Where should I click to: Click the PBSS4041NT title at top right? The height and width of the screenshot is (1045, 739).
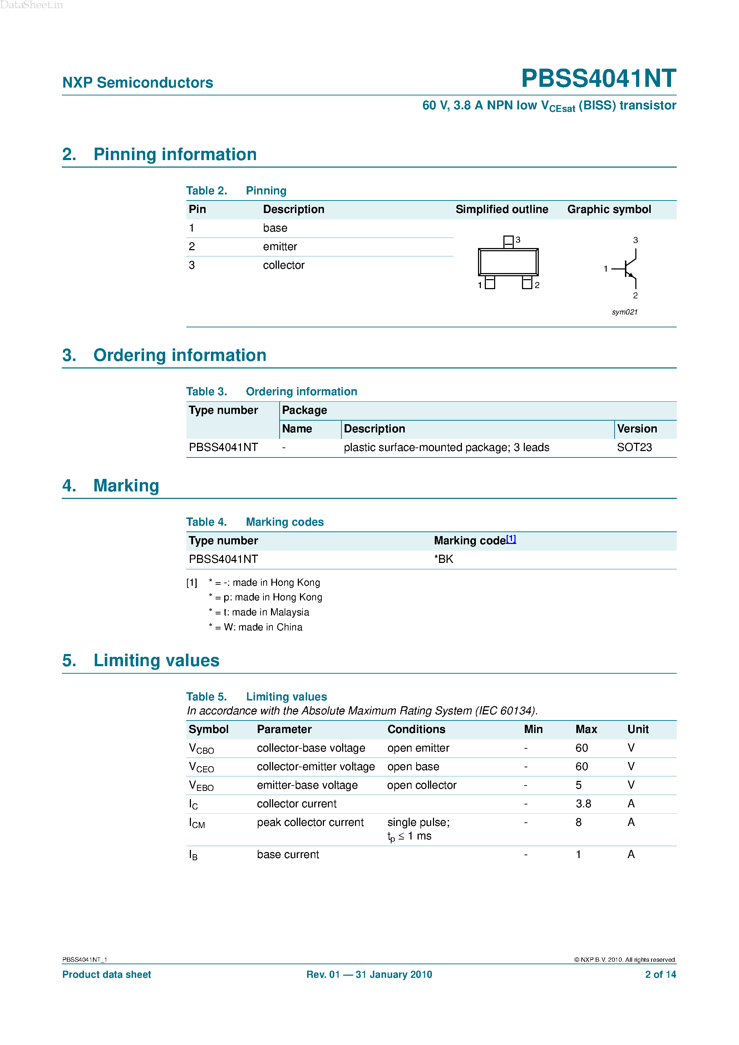tap(598, 78)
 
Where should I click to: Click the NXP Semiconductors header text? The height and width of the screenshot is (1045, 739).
tap(138, 83)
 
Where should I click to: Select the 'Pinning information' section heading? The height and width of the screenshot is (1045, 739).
tap(175, 155)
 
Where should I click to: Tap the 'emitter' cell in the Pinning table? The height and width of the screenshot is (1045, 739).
tap(280, 247)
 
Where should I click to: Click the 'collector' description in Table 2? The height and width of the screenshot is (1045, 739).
tap(283, 265)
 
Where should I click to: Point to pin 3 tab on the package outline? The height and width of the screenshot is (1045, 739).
tap(508, 242)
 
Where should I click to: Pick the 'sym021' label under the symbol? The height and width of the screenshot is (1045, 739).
tap(624, 312)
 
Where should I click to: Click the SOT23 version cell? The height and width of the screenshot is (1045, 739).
tap(634, 447)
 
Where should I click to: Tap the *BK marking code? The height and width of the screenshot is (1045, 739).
tap(443, 559)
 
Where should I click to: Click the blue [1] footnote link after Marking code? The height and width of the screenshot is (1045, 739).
tap(511, 539)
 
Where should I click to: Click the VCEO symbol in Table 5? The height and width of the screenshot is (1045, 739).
tap(201, 767)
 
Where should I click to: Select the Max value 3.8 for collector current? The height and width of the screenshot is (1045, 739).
tap(583, 804)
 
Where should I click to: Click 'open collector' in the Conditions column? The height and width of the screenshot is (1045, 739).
tap(421, 785)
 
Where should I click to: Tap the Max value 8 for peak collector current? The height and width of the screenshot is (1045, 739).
tap(578, 822)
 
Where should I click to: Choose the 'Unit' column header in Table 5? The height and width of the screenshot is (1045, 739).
tap(637, 729)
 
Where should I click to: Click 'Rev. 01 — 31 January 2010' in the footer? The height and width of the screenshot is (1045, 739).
tap(369, 975)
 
